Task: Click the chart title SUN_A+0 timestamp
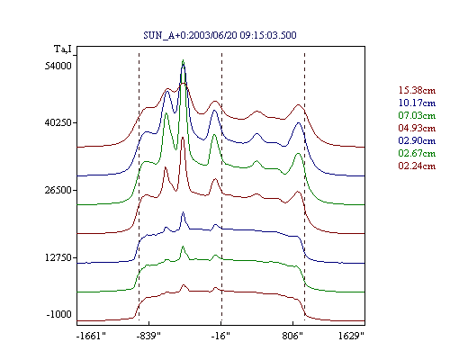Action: (220, 35)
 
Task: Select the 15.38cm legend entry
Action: (417, 90)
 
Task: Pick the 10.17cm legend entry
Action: (417, 103)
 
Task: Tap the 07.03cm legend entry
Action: (417, 115)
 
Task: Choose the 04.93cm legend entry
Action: (417, 128)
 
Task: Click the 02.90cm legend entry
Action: (417, 140)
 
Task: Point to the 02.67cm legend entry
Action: (417, 153)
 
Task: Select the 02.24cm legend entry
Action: (417, 166)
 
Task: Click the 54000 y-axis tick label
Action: (58, 66)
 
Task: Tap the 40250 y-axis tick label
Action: (58, 122)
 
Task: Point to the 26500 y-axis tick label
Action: (58, 190)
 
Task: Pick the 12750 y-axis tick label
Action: (58, 257)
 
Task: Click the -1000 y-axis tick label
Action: (59, 314)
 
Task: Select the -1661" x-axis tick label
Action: (91, 336)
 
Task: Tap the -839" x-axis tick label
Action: (148, 336)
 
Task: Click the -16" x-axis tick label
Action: (220, 336)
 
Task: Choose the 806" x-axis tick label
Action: (292, 336)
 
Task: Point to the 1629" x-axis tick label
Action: (351, 336)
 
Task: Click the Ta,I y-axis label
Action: (63, 49)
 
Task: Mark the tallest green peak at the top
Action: (183, 60)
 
